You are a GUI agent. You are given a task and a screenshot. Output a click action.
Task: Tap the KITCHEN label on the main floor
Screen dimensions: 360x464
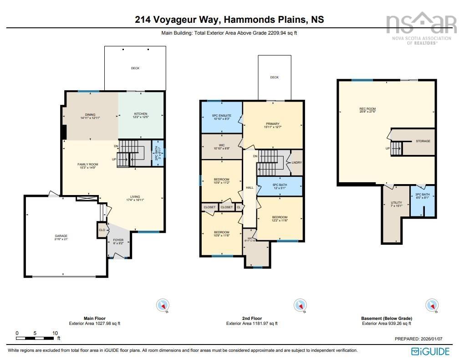point(140,113)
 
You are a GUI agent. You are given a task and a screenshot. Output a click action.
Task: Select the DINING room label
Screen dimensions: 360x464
point(89,114)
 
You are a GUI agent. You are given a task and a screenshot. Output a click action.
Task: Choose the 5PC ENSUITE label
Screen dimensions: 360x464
point(222,116)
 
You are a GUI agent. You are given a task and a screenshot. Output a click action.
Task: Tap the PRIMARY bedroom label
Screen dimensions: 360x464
point(273,123)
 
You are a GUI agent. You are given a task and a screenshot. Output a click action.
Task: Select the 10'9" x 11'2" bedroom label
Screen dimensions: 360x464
point(221,180)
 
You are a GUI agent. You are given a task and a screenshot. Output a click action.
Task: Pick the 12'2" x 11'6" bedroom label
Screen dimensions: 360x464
point(280,217)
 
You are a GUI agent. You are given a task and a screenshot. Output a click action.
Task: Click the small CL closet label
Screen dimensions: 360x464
point(238,207)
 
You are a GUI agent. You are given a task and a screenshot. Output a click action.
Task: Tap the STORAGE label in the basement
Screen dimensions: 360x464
point(423,141)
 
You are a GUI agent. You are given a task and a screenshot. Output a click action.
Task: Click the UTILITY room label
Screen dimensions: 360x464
point(396,203)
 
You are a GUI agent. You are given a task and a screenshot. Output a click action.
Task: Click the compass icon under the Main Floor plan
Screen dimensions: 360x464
point(163,305)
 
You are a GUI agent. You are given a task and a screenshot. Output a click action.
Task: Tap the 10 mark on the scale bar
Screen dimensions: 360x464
point(55,333)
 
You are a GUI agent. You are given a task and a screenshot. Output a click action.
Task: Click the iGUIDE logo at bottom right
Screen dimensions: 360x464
point(430,351)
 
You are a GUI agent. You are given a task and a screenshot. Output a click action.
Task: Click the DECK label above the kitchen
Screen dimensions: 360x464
point(135,68)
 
